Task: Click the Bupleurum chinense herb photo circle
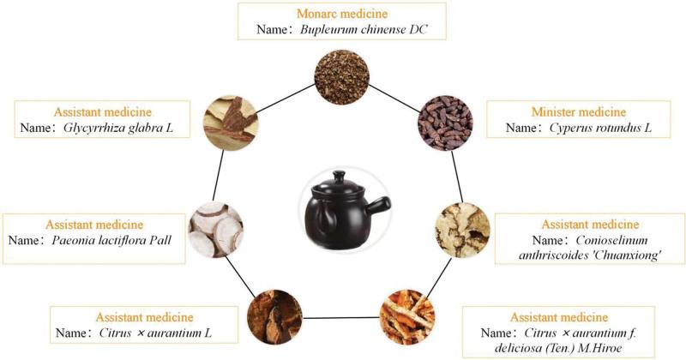click(341, 77)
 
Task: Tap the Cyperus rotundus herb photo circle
click(445, 123)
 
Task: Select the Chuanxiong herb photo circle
click(462, 230)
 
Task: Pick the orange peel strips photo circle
click(406, 317)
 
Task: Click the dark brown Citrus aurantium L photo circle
click(274, 317)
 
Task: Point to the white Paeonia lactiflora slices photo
click(216, 230)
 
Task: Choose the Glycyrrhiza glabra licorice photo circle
click(231, 123)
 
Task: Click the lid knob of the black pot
click(339, 176)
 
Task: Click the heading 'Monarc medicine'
click(342, 14)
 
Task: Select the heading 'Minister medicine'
click(578, 112)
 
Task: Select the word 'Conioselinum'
click(611, 240)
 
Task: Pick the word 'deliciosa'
click(515, 348)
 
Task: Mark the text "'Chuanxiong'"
click(626, 255)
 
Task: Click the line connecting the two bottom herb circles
click(340, 317)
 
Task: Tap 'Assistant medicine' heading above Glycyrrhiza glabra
click(102, 112)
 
